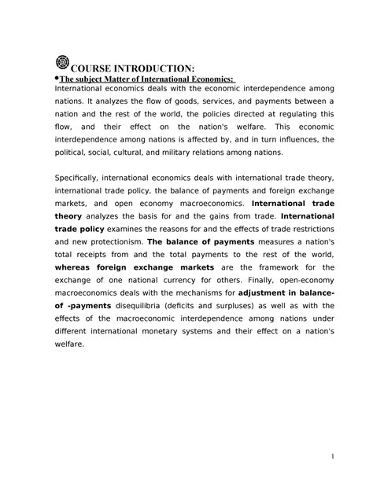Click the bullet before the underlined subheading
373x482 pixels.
tap(56, 78)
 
